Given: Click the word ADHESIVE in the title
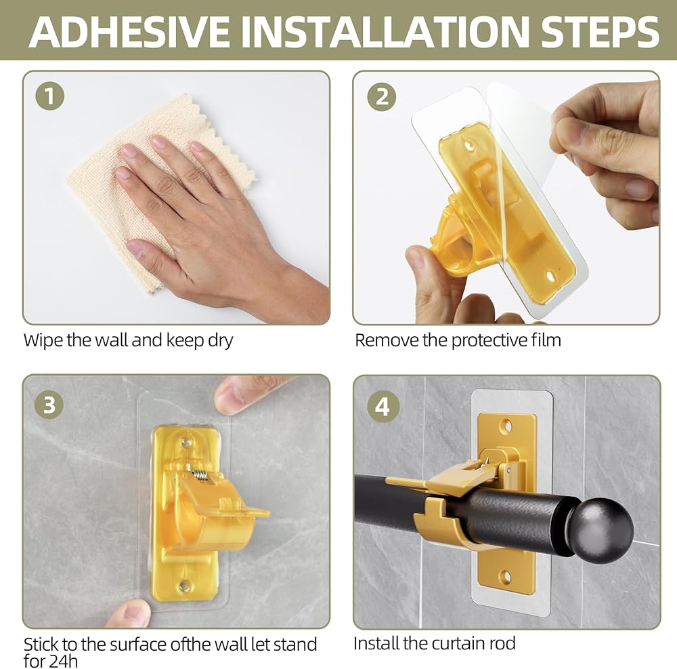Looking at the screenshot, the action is (x=129, y=32).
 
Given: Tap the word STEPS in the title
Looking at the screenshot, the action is (x=600, y=32).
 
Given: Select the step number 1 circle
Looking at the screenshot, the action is (x=50, y=96).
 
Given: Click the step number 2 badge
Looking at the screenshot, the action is (x=382, y=96).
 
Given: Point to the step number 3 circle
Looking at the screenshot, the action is (x=49, y=405).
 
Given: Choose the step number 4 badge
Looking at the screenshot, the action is (x=382, y=405).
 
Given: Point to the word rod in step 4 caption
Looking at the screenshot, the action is (x=502, y=643).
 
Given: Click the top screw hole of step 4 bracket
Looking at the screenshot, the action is (x=506, y=426).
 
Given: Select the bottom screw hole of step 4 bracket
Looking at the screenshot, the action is (x=506, y=577).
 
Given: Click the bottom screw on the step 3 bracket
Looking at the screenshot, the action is (x=184, y=586).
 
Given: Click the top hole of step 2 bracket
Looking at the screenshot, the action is (x=470, y=145).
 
